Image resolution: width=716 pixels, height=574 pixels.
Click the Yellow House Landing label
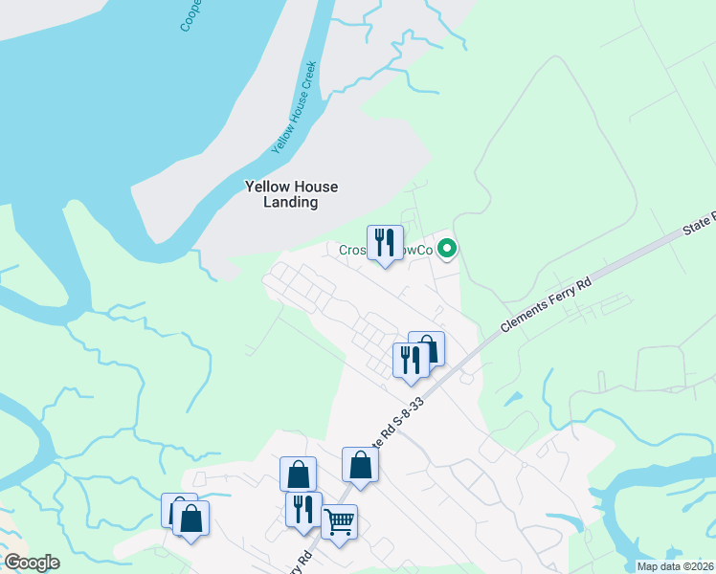click(x=292, y=194)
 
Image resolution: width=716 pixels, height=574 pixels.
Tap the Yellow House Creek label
click(x=295, y=107)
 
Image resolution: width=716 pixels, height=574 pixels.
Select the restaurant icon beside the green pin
click(x=385, y=243)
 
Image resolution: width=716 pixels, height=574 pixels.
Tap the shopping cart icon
click(x=339, y=522)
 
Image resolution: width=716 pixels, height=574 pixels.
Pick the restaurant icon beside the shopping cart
click(x=303, y=509)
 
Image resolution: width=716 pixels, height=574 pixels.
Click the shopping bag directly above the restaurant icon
click(x=298, y=474)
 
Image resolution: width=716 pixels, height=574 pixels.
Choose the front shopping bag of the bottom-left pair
click(x=191, y=519)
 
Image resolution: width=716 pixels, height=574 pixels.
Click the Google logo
click(x=32, y=563)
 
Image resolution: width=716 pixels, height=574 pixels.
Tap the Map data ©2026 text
click(x=675, y=566)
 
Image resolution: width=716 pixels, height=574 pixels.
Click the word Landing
click(x=292, y=203)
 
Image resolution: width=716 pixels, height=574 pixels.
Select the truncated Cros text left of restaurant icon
click(x=352, y=251)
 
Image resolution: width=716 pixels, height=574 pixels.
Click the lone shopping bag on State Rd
click(x=360, y=465)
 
